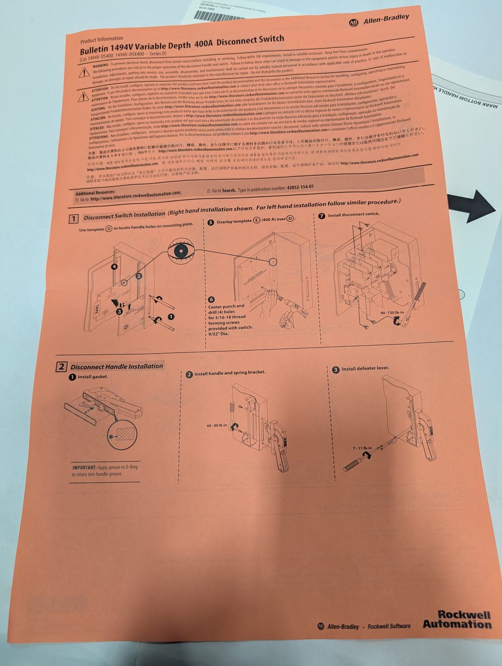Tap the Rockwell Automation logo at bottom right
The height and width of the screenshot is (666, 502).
point(457,619)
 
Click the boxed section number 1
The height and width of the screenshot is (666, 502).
point(73,219)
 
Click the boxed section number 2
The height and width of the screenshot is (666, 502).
point(61,366)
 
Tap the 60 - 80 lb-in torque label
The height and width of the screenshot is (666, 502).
point(217,425)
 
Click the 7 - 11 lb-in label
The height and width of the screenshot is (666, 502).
point(362,448)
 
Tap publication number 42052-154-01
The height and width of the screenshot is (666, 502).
point(300,187)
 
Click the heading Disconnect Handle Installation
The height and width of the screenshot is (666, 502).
point(117,366)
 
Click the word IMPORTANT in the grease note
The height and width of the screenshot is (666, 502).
point(84,467)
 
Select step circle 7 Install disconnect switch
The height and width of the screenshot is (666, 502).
point(322,216)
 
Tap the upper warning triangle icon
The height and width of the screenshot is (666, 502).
point(84,73)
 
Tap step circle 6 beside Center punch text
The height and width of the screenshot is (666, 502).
point(211,299)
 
